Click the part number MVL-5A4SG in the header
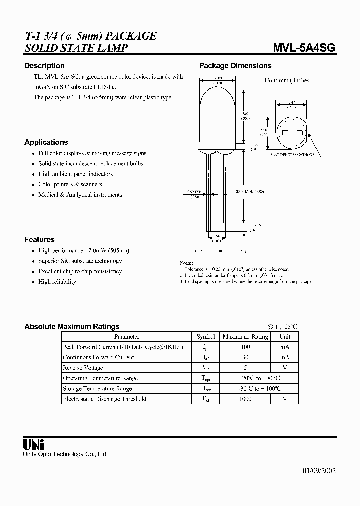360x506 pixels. click(304, 48)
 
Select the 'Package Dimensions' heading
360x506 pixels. click(235, 66)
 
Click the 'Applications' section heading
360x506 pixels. click(46, 142)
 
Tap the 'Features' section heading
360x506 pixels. click(39, 240)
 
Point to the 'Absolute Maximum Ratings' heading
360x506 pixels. click(72, 327)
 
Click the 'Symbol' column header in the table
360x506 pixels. click(205, 337)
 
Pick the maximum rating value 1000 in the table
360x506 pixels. click(245, 399)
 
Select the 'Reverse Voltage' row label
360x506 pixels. click(83, 368)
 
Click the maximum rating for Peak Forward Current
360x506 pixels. click(245, 347)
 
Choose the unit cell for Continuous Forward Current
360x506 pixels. click(284, 357)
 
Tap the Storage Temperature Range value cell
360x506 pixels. click(245, 388)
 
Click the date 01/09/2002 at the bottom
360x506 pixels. click(319, 471)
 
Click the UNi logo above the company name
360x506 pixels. click(34, 444)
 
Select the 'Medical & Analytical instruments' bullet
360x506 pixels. click(80, 195)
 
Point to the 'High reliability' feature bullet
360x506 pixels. click(57, 282)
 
